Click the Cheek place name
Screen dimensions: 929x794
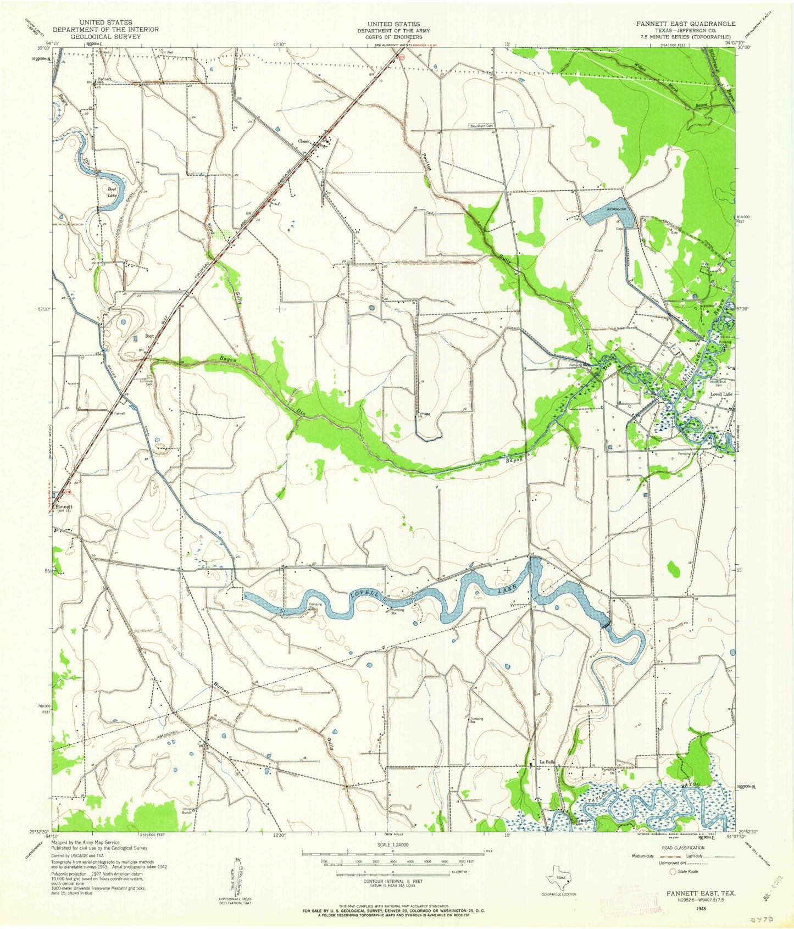tap(304, 141)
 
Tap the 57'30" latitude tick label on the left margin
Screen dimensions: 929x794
tap(42, 309)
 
